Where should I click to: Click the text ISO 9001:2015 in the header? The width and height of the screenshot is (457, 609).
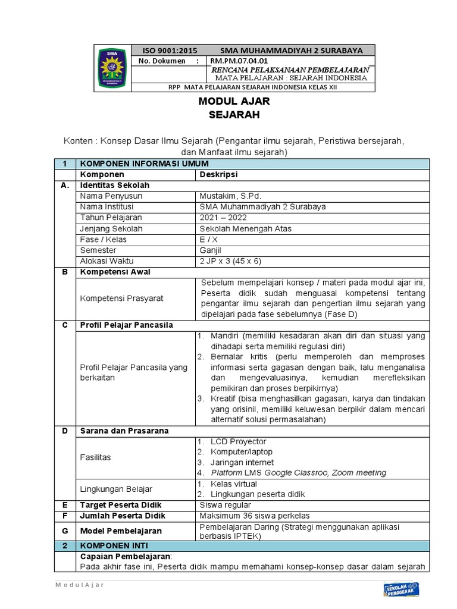(168, 51)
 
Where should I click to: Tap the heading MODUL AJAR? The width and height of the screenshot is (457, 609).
(230, 102)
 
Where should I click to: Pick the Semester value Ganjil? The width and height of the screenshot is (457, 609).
(211, 250)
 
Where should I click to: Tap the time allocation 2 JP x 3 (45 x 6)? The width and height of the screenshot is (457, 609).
(231, 261)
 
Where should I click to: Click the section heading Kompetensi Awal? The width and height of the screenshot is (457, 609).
(115, 272)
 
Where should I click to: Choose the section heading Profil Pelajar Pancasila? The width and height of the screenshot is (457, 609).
(126, 325)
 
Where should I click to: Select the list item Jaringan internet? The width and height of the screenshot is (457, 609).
(242, 463)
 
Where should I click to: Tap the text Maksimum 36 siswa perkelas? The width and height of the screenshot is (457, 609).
(255, 516)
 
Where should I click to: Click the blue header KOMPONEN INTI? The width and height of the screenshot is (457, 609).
(114, 545)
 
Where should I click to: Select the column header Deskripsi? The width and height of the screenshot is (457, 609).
(218, 175)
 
